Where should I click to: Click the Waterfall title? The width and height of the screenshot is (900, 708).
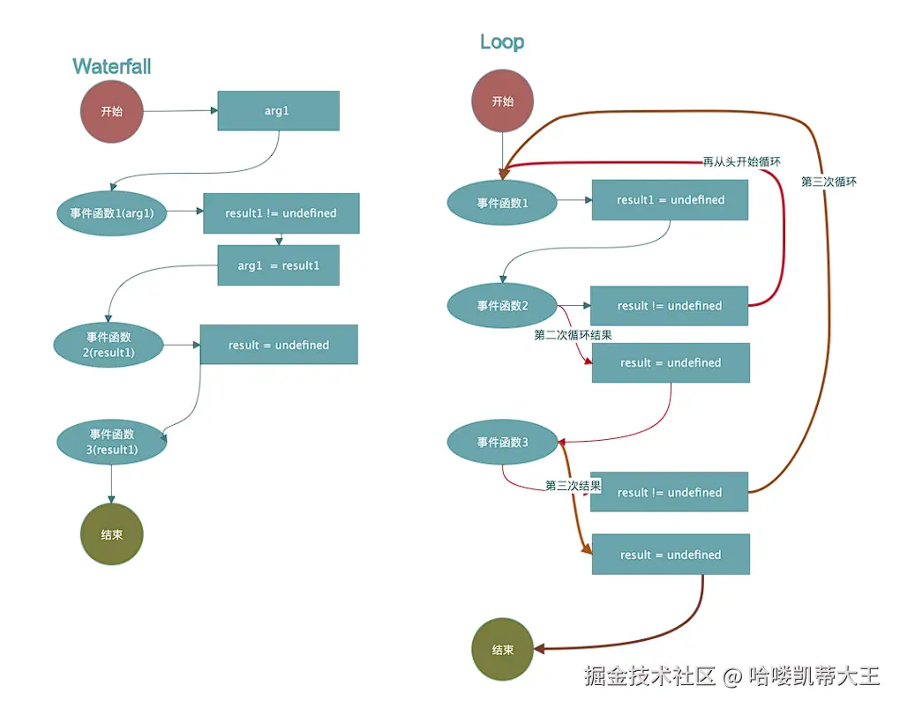[112, 66]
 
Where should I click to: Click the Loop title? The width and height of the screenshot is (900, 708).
[502, 41]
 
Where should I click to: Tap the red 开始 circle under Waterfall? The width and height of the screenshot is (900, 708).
[111, 112]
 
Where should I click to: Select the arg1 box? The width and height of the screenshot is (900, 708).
[278, 111]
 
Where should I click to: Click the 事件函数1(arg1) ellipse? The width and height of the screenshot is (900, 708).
[111, 212]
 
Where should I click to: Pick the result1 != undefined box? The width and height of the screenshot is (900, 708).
[281, 213]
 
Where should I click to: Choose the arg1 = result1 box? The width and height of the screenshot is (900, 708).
[278, 265]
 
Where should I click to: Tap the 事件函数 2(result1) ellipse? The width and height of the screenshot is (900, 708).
[109, 344]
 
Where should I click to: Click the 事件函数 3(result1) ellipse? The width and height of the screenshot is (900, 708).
[112, 442]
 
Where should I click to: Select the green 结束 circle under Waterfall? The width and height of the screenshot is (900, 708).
[111, 534]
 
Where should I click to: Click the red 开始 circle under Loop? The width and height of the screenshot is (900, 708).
[502, 101]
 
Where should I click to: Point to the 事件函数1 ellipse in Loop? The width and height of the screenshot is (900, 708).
[502, 204]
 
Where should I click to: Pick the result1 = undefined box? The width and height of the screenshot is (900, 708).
[670, 200]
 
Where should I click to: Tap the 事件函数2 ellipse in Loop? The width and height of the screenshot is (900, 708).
[502, 306]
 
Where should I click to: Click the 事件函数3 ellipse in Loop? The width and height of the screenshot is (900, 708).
[502, 443]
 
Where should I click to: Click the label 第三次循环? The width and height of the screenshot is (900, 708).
[829, 182]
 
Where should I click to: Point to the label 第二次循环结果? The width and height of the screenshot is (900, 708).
[573, 335]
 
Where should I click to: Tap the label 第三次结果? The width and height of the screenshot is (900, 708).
[573, 486]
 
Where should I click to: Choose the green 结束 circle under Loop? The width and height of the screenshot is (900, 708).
[502, 650]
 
